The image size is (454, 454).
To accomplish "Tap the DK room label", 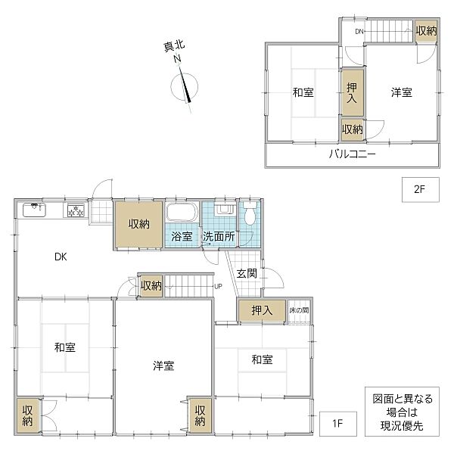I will click(61, 257).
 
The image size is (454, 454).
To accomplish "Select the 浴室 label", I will click(182, 236).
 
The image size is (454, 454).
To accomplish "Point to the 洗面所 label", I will click(218, 236).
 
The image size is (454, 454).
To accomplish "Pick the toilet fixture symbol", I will click(249, 216).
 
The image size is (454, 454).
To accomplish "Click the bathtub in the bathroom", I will click(182, 213).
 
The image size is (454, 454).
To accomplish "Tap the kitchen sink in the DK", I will click(35, 210).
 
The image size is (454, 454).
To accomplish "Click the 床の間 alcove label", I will click(299, 310).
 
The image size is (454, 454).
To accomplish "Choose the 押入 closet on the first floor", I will click(262, 310).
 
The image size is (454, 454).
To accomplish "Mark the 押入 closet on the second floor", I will click(352, 92).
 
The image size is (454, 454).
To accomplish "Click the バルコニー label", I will click(351, 156).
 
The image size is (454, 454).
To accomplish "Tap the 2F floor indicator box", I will click(420, 190).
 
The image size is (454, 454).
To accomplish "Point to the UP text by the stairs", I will click(218, 286).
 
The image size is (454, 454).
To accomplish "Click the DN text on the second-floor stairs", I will click(360, 31).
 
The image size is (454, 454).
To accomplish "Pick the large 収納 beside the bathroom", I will click(138, 224).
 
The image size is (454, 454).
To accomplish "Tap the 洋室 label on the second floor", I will click(401, 92).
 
